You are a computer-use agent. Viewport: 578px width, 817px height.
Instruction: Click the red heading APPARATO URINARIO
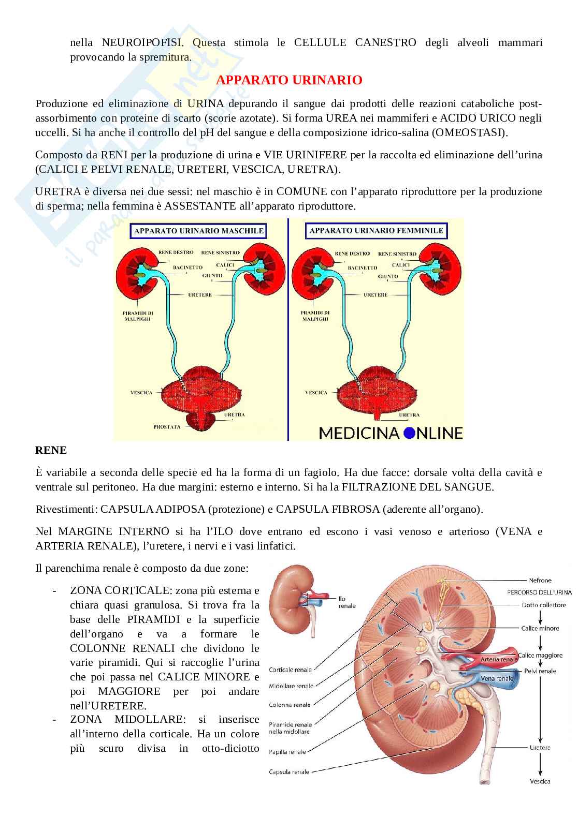click(x=288, y=80)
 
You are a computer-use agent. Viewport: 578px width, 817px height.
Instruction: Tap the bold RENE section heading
click(x=51, y=450)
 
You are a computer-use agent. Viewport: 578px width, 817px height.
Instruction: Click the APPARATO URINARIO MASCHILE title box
click(x=199, y=231)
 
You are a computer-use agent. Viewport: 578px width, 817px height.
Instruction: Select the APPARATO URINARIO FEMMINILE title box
click(x=375, y=231)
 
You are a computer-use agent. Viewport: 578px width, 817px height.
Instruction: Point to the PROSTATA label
click(x=167, y=427)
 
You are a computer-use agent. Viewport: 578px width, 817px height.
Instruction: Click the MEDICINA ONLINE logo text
click(x=391, y=432)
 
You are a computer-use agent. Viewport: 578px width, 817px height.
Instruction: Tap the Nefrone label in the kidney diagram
click(x=540, y=580)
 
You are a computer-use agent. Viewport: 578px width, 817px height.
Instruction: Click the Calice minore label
click(x=540, y=628)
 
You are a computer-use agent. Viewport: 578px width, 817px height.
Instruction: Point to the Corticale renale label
click(x=290, y=670)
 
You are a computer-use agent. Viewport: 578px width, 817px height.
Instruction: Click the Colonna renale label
click(x=290, y=705)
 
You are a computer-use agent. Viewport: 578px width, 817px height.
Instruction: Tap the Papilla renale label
click(x=287, y=752)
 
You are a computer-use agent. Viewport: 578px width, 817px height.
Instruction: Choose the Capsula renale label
click(x=289, y=772)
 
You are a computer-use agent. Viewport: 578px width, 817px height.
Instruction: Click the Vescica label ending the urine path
click(x=540, y=781)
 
